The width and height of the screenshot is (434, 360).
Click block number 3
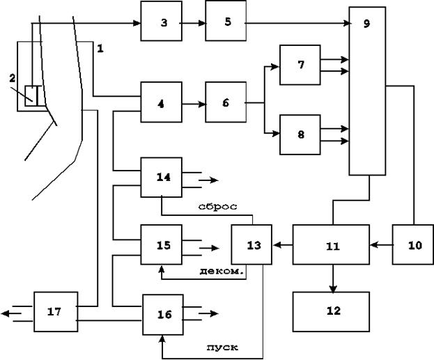coord(162,21)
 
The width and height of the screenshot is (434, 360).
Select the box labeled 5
coord(226,21)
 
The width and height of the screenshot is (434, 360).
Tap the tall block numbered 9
coord(367,91)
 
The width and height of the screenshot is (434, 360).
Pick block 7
coord(300,65)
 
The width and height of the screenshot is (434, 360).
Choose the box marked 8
coord(300,134)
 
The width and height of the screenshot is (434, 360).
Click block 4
coord(162,102)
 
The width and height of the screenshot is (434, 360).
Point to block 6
coord(226,102)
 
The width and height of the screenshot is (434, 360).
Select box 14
coord(162,178)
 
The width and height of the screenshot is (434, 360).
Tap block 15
coord(162,244)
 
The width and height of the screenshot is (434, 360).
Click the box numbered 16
coord(163,315)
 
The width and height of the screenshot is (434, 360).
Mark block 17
coord(56,312)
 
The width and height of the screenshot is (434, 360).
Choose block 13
coord(251,244)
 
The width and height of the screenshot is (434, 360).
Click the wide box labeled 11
coord(331,244)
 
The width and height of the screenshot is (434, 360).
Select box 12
coord(331,312)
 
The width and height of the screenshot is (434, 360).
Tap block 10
coord(413,244)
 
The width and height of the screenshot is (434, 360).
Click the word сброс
coord(218,207)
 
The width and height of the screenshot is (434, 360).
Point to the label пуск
coord(222,347)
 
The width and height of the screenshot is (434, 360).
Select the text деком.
coord(222,271)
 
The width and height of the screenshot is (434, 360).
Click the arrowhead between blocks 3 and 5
coord(202,23)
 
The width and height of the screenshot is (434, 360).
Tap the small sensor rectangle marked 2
coord(33,95)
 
